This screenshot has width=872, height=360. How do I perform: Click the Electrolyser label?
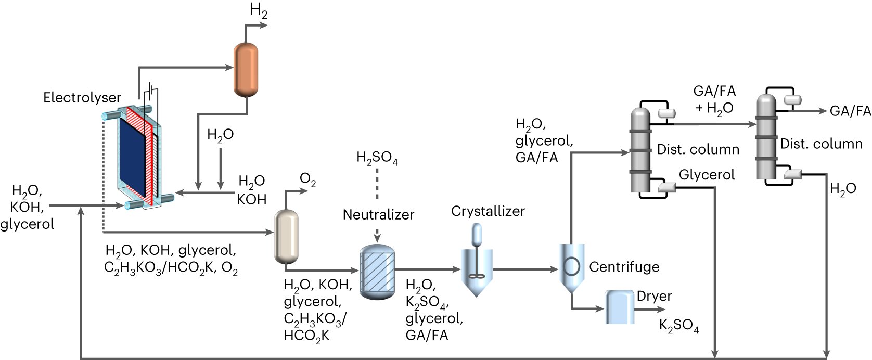pos(82,97)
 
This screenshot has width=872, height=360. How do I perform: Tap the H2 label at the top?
pos(258,10)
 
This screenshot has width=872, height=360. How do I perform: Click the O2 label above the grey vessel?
pos(307,180)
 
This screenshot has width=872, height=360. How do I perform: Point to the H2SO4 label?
pos(377,158)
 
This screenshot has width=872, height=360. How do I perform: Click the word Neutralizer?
pos(378,214)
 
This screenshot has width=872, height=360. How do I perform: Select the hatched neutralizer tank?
pos(377,272)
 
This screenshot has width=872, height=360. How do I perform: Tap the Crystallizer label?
pos(488,211)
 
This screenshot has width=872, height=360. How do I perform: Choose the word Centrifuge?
pos(624,267)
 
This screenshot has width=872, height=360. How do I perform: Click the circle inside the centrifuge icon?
pos(571,266)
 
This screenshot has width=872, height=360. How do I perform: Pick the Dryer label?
pos(654,296)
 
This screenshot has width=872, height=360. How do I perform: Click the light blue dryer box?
pos(620,307)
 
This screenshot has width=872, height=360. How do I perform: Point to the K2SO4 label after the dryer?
pos(678,326)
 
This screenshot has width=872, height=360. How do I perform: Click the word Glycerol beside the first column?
pos(707,175)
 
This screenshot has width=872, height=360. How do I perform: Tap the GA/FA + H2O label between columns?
pos(714,99)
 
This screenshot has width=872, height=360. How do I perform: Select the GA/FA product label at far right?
pos(850,111)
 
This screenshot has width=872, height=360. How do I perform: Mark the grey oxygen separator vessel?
pos(286,237)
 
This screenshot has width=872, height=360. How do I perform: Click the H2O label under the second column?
pos(843,189)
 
